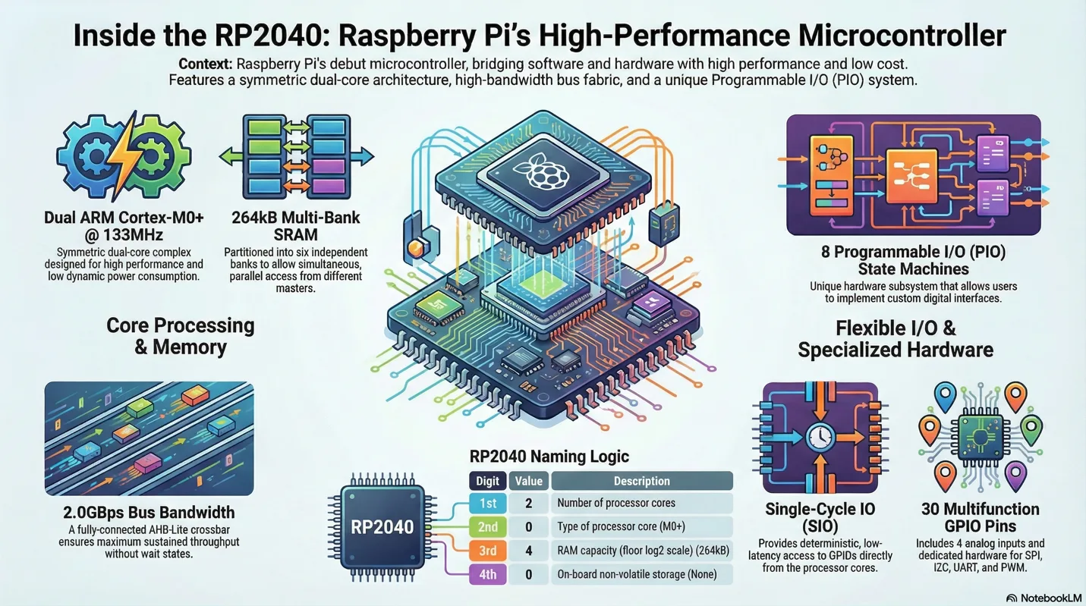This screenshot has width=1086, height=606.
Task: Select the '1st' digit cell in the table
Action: (487, 503)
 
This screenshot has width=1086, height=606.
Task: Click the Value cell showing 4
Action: (528, 550)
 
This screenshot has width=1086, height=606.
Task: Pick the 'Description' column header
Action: (641, 481)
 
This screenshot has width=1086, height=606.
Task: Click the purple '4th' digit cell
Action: (487, 574)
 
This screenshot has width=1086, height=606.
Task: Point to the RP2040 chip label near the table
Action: (382, 526)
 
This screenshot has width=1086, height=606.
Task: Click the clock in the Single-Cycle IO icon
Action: (820, 438)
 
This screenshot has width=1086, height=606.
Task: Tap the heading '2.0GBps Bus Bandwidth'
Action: (149, 513)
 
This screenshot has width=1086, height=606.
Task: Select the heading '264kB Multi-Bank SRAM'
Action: (295, 227)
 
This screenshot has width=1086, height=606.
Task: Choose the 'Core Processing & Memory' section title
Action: (180, 336)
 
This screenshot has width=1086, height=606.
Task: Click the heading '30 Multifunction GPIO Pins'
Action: (980, 518)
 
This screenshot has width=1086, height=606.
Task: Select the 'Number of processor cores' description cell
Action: (641, 503)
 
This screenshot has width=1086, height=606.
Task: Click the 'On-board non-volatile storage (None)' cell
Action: (641, 574)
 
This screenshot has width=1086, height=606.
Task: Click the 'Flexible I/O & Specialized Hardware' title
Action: (896, 339)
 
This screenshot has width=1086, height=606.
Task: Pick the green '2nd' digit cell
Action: (487, 526)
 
